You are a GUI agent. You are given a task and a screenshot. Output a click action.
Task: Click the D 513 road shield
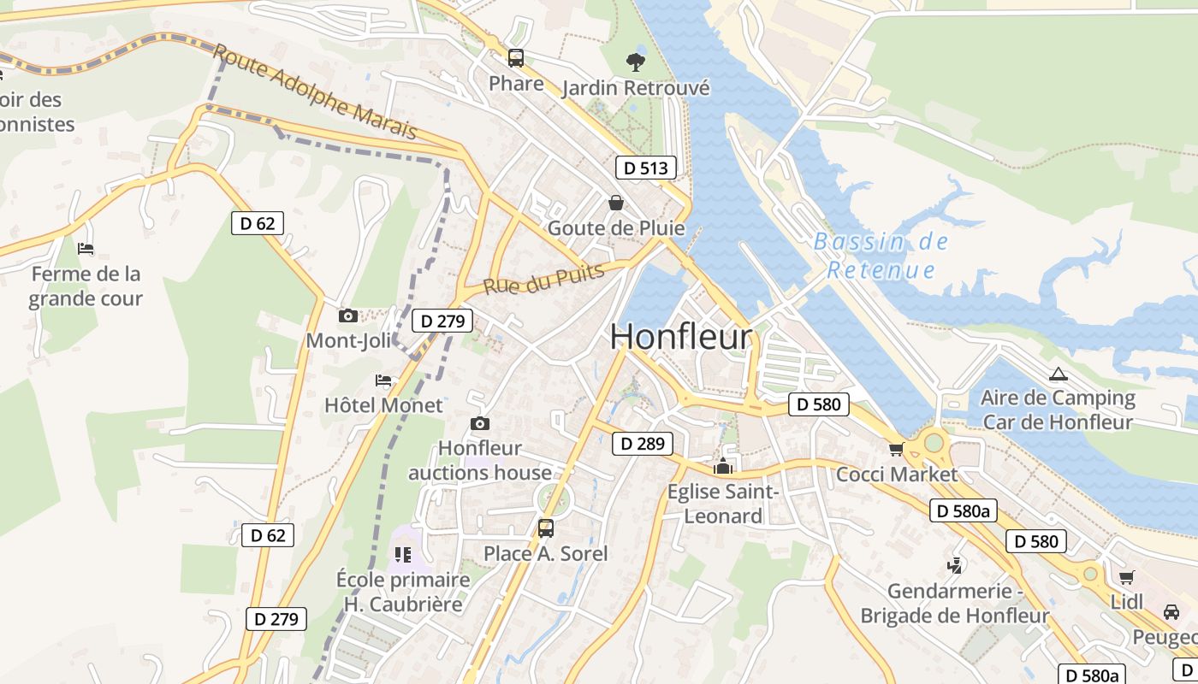(x=645, y=168)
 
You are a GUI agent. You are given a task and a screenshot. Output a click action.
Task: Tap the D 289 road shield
(x=642, y=443)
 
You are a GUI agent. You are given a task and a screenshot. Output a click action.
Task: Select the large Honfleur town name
(x=681, y=337)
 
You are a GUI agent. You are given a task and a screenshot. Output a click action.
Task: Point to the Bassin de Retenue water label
(x=881, y=256)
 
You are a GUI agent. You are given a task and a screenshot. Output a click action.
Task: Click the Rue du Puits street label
(x=544, y=279)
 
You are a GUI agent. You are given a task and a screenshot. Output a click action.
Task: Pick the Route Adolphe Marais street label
(x=316, y=93)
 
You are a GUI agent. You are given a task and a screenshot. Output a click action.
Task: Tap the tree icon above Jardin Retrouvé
(x=635, y=62)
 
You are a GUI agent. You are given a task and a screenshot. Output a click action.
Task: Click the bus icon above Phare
(x=516, y=58)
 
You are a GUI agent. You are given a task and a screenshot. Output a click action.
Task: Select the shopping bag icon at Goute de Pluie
(x=615, y=203)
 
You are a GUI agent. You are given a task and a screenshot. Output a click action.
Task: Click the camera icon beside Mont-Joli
(x=347, y=315)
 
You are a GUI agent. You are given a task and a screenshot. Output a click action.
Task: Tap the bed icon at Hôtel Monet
(x=383, y=380)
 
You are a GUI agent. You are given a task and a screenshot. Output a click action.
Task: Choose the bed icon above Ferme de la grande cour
(x=86, y=249)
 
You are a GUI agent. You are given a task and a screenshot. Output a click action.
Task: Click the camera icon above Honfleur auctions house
(x=480, y=423)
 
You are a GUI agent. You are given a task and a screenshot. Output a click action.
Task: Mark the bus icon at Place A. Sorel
(x=545, y=528)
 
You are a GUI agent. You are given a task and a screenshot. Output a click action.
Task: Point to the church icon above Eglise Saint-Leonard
(x=723, y=466)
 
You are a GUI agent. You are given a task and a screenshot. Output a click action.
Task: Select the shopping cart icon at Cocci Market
(x=896, y=449)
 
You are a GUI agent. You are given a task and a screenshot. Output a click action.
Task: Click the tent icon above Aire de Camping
(x=1059, y=374)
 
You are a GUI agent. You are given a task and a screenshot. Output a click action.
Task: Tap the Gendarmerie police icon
(x=954, y=565)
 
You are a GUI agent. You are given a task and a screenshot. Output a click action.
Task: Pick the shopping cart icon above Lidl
(x=1127, y=577)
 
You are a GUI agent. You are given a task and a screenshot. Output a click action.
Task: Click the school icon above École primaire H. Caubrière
(x=403, y=554)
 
